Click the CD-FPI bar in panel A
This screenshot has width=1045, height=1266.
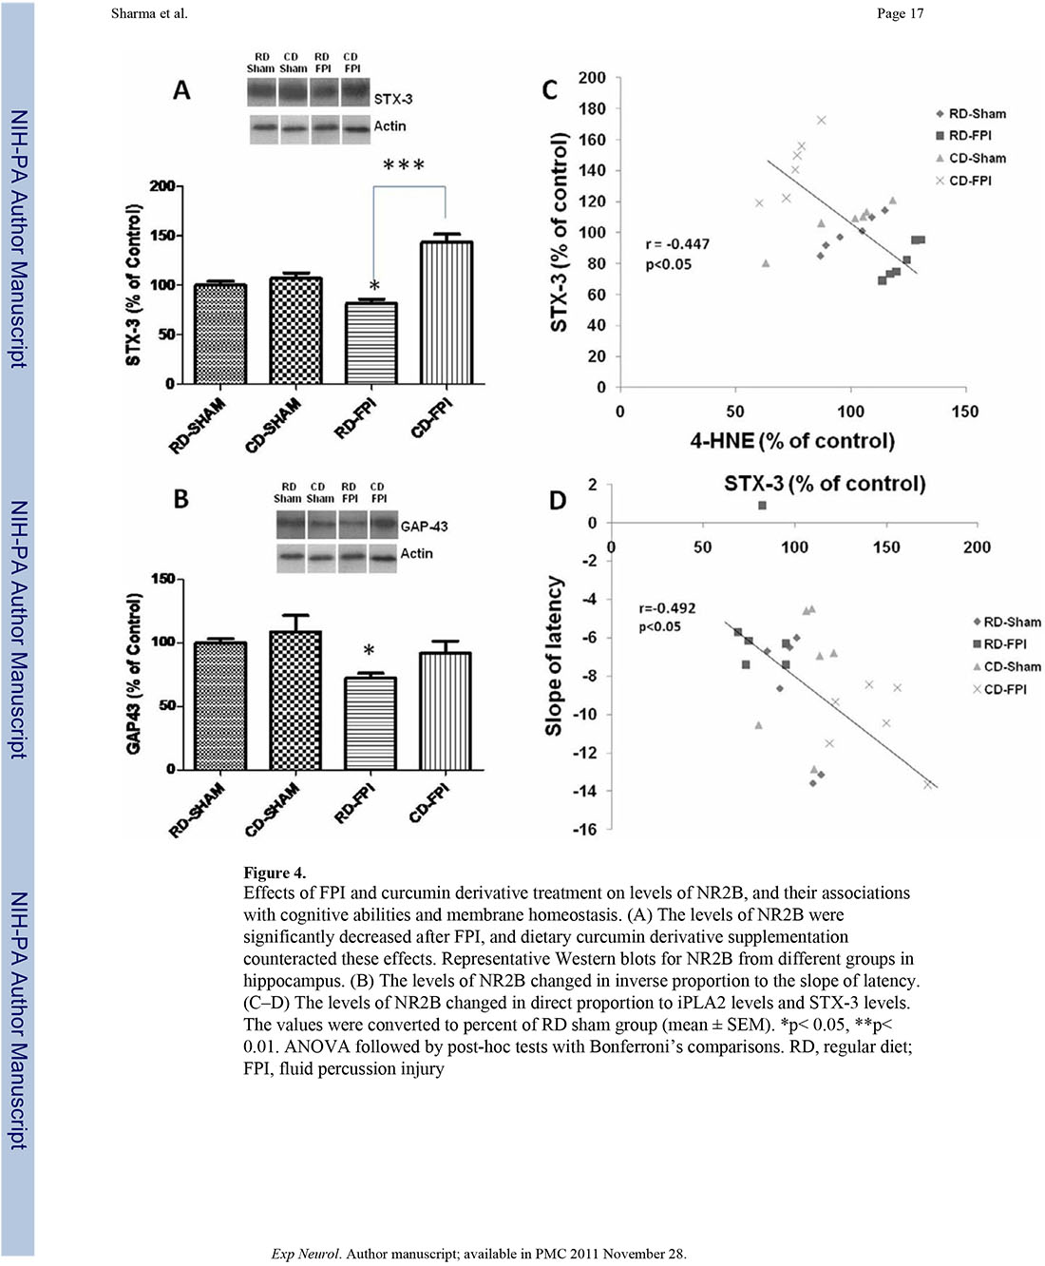(x=446, y=313)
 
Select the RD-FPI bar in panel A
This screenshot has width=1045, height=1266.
(x=370, y=343)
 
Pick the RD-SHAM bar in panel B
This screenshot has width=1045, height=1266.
(x=219, y=705)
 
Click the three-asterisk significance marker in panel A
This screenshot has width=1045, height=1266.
(x=404, y=166)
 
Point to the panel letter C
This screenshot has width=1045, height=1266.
(x=550, y=90)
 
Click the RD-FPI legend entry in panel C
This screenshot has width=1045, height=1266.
(x=970, y=136)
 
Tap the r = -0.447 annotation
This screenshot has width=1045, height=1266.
(x=677, y=244)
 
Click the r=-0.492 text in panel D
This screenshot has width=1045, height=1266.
(x=667, y=608)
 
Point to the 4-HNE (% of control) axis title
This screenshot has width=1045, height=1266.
(x=792, y=441)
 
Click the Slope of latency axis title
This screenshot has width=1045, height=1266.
(x=554, y=656)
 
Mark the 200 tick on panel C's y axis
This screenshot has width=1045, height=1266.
(x=592, y=78)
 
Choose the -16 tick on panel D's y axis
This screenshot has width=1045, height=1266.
(x=584, y=830)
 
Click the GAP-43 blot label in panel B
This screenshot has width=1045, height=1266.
(x=424, y=526)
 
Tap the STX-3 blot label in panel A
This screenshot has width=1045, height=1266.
(x=393, y=99)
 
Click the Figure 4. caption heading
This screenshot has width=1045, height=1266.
(x=275, y=873)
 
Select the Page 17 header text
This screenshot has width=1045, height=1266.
(x=900, y=13)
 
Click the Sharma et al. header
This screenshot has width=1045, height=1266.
(x=149, y=13)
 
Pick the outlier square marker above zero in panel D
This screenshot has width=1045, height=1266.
(x=762, y=506)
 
